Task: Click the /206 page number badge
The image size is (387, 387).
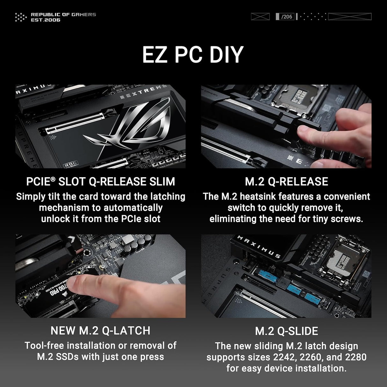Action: tap(287, 17)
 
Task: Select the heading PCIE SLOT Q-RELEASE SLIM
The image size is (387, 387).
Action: tap(100, 182)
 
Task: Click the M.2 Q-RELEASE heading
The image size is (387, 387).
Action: tap(286, 182)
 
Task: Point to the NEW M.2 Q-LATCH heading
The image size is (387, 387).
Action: tap(100, 331)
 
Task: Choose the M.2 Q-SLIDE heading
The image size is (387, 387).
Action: tap(286, 331)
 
